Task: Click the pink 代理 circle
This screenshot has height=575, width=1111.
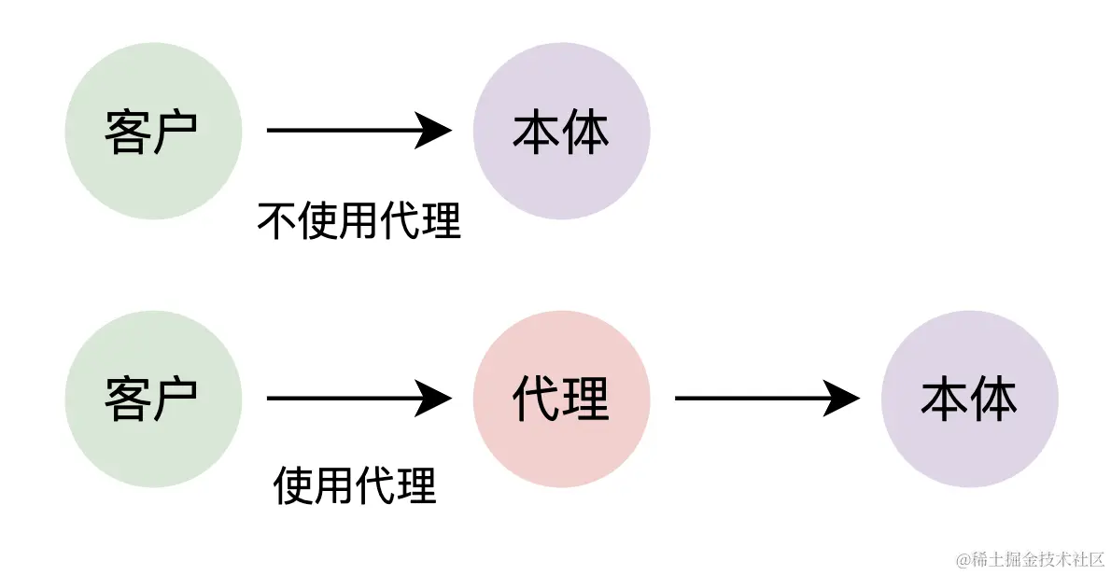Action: pos(561,400)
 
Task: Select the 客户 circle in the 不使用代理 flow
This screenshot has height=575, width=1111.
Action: pos(153,132)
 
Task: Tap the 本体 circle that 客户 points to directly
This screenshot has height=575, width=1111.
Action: pos(561,132)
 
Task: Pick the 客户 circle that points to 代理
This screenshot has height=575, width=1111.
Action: pos(153,400)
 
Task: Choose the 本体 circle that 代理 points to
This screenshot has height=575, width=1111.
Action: pos(969,400)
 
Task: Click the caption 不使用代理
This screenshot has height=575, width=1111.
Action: pos(359,221)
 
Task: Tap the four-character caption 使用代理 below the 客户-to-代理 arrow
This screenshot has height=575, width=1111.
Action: pos(356,485)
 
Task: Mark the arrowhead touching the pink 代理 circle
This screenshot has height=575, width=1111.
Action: pos(436,400)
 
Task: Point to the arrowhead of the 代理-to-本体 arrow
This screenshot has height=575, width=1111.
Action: pos(844,400)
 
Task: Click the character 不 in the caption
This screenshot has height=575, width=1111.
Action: pos(276,221)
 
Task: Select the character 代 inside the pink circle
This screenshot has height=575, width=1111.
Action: pos(536,400)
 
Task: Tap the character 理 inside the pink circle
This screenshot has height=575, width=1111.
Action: pos(586,400)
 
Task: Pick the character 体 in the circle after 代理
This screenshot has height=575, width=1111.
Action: pos(994,400)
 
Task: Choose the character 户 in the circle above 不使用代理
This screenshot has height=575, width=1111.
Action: pos(177,132)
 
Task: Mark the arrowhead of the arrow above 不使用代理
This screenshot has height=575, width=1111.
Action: pos(436,131)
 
